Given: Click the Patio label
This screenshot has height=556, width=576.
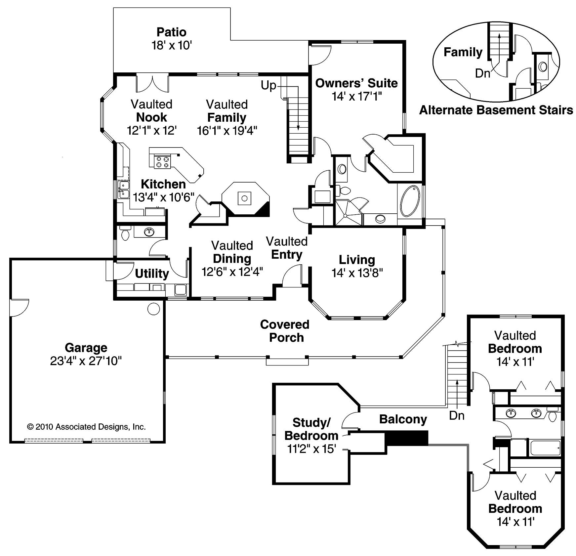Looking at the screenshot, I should point(171,32).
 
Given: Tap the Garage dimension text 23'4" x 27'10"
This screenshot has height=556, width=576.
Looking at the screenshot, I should point(86,361).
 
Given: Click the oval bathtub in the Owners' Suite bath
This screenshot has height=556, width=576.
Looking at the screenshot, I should point(410,201).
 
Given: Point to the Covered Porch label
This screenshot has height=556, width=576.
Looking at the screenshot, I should point(285,331).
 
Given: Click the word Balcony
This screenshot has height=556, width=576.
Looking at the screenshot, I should point(403,419).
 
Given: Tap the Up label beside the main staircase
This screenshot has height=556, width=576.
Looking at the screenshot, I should point(268,85).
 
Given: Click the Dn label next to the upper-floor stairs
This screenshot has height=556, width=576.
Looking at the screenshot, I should point(457,415).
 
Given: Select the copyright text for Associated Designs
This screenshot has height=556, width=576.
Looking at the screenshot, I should point(86,427).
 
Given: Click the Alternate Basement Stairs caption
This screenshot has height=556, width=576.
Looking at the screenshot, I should point(496,110).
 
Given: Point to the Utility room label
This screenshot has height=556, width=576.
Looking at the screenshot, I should point(152,274).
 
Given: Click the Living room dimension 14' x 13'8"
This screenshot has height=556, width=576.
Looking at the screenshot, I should point(357,273).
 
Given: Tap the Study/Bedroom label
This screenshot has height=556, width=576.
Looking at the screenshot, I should point(311,429).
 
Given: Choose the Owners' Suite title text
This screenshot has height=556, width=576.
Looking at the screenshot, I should point(356,83).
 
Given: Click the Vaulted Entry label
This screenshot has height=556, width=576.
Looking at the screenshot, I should point(287,248).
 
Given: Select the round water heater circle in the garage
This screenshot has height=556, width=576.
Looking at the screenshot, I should point(153,309).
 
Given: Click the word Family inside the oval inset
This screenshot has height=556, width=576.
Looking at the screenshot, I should point(463,52).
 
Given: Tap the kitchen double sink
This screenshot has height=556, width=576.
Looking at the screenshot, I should point(124,190).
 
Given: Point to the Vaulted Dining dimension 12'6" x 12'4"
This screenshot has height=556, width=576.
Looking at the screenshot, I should point(232,272).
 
